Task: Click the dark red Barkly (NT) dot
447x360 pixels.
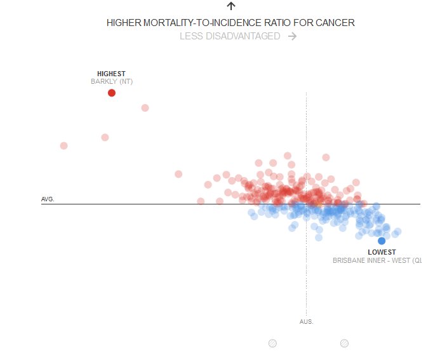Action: tap(112, 93)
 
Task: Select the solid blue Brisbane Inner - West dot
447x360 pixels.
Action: tap(382, 241)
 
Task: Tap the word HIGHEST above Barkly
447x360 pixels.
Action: tap(111, 74)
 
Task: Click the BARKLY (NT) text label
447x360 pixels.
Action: tap(112, 82)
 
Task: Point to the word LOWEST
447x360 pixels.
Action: tap(382, 252)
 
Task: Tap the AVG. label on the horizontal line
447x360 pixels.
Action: tap(48, 199)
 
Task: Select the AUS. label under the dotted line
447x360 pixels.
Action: tap(307, 321)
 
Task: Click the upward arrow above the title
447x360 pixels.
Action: tap(231, 6)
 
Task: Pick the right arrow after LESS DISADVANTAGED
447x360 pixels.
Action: tap(292, 36)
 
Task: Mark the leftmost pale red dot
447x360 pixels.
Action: tap(63, 145)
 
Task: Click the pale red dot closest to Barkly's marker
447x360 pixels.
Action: tap(145, 107)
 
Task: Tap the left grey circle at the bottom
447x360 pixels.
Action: tap(272, 343)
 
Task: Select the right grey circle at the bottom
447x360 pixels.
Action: tap(344, 343)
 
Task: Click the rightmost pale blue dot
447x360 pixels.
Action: tap(398, 231)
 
